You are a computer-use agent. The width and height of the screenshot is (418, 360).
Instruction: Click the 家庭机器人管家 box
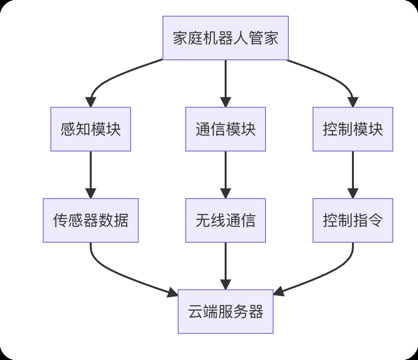coord(225,38)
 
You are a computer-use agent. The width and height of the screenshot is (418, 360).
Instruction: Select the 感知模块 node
coord(90,129)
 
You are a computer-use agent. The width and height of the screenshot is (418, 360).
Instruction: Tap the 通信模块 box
coord(225,129)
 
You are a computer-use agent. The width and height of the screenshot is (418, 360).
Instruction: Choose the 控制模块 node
coord(352,129)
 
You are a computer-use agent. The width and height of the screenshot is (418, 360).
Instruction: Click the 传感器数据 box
coord(90,220)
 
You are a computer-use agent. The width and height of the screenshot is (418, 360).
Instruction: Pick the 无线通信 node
coord(225,220)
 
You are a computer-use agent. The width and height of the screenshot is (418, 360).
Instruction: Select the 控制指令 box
coord(352,220)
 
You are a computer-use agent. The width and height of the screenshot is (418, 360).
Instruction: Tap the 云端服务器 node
coord(225,312)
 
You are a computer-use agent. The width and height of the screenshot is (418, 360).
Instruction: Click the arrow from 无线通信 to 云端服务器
coord(225,266)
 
